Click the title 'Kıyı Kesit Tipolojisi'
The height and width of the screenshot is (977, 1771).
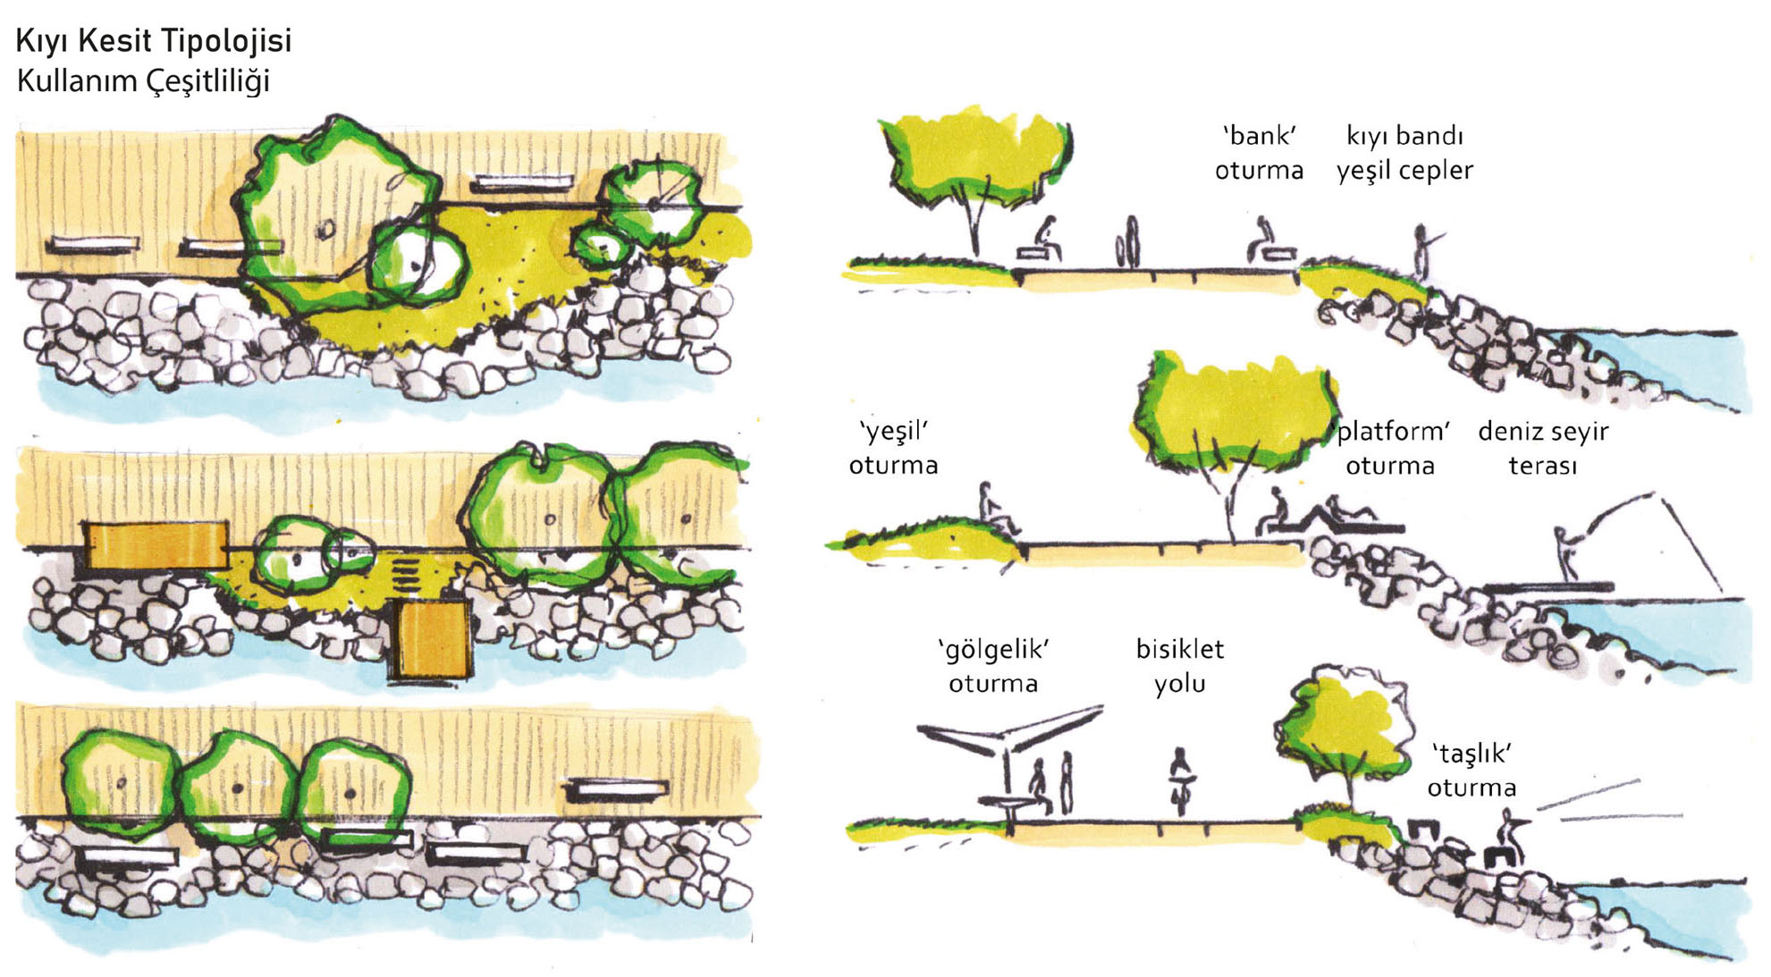point(154,41)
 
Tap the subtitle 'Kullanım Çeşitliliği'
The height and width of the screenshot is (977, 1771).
point(143,81)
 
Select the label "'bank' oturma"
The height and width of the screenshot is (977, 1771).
point(1259,153)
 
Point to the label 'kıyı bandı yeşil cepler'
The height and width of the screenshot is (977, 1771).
point(1404,153)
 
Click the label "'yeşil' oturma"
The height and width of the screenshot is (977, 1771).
point(893,448)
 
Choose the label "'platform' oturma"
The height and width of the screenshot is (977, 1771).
point(1390,448)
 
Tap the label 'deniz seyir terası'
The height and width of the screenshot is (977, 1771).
point(1543,448)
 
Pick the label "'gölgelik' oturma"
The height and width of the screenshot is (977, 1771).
point(993,666)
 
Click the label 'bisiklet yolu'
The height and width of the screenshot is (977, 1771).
point(1180,666)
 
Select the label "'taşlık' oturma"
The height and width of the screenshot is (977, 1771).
point(1472,771)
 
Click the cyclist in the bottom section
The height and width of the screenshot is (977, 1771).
point(1182,781)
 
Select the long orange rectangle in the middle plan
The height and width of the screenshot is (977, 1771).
point(156,545)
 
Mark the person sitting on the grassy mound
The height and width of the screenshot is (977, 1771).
point(995,508)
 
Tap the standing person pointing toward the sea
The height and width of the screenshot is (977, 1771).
point(1425,252)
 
